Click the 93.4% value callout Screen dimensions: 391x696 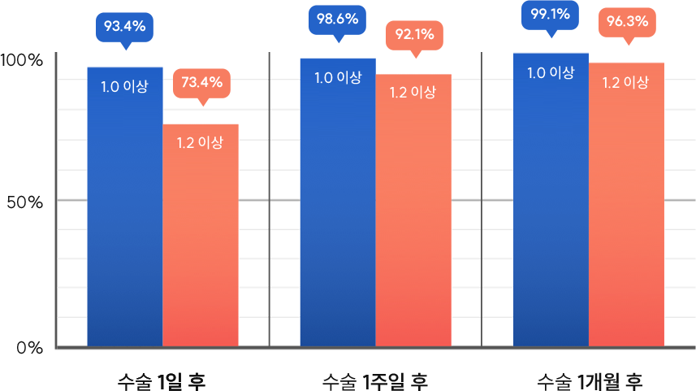click(124, 27)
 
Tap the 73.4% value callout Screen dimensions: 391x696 click(202, 82)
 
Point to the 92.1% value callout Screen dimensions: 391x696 click(415, 35)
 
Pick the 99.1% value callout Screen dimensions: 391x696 click(550, 15)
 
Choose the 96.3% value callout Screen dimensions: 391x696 click(627, 22)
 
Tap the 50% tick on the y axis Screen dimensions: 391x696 click(24, 202)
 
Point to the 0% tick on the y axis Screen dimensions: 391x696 click(29, 347)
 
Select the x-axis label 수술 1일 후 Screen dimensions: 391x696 click(162, 380)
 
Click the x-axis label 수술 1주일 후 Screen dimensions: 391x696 click(374, 380)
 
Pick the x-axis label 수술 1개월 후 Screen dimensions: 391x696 click(590, 380)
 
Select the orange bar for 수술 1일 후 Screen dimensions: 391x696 click(203, 244)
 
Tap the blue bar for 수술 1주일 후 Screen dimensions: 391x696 click(336, 211)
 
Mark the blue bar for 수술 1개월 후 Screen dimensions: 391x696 click(551, 211)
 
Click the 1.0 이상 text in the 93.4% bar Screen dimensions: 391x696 click(124, 86)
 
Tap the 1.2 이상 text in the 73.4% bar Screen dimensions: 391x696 click(200, 142)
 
